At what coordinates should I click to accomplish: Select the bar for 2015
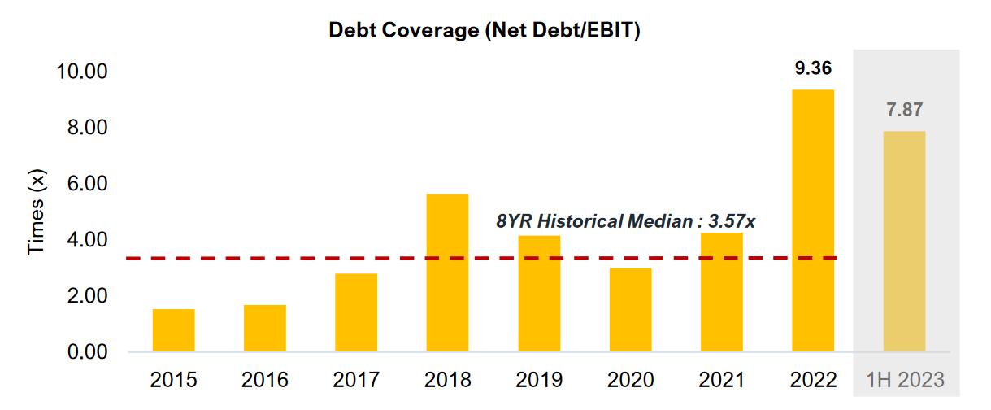173,331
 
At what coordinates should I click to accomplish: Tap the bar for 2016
265,329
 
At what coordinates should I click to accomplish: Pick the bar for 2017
356,313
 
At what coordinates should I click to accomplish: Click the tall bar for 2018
448,273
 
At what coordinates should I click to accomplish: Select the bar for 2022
813,221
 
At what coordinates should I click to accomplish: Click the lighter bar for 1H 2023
904,242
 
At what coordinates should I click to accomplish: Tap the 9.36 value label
813,68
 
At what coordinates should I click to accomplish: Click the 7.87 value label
904,110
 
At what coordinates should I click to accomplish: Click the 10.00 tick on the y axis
81,72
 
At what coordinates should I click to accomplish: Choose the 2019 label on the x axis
539,380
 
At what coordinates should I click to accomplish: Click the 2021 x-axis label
721,380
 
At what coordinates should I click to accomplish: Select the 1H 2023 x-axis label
905,380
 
